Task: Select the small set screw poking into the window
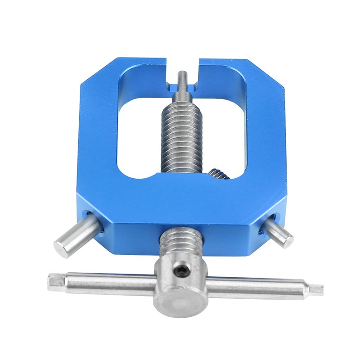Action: tap(219, 173)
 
